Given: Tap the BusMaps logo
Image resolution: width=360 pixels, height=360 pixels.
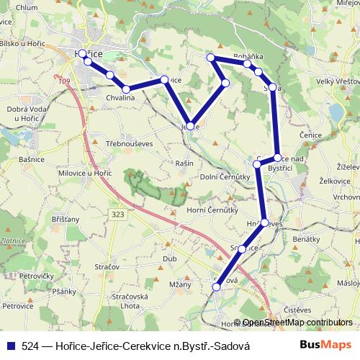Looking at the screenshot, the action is [320, 346].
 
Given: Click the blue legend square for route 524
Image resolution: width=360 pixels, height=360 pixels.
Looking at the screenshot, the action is [9, 346].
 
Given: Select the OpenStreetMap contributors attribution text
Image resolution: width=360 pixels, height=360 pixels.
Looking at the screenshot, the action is [297, 323].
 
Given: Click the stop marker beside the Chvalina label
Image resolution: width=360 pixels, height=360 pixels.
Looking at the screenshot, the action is [126, 89].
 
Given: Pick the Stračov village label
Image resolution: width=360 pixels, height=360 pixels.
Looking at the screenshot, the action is [106, 267].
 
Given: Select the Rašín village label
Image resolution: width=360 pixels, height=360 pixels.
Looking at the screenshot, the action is [185, 163].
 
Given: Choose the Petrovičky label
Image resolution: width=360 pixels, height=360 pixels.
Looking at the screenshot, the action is [37, 276].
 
